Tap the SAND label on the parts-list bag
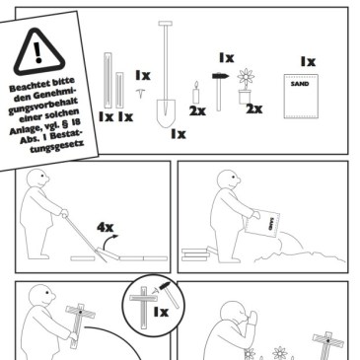click(300, 84)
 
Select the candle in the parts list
click(196, 93)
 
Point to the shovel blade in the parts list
click(166, 113)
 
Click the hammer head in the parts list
click(220, 76)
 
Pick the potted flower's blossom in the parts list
click(246, 77)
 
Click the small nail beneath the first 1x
click(141, 93)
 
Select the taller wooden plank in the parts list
click(108, 81)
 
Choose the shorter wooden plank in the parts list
click(119, 90)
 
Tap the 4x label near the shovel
click(106, 227)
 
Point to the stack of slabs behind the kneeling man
click(195, 254)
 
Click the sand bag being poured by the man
click(261, 223)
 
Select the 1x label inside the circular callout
click(161, 312)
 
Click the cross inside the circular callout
click(144, 308)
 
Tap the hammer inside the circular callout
click(169, 294)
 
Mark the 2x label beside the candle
click(197, 111)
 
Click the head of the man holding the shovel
click(37, 179)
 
